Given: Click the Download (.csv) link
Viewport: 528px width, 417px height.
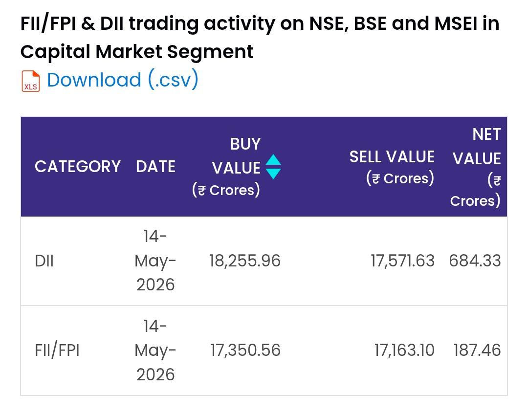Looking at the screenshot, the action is coord(123,80).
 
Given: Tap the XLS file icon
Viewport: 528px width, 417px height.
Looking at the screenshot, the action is coord(31,81).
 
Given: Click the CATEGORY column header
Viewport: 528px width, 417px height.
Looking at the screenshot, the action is coord(78,166).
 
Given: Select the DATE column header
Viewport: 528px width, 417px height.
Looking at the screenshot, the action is coord(155,166).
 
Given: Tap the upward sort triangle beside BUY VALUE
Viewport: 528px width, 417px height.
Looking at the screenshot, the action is coord(273,160).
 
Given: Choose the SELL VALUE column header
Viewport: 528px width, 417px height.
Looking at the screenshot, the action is coord(392,167).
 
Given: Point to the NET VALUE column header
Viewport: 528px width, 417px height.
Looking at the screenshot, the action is coord(476,167).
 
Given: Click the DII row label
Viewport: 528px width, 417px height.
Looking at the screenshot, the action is coord(44,261).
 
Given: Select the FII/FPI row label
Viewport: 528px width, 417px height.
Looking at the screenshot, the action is coord(57,351).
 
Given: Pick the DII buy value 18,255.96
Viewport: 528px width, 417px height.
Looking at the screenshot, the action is coord(245,261).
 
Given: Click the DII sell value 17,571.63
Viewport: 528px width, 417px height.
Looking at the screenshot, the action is coord(403,261).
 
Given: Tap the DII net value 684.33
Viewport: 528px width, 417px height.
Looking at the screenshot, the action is coord(475,261).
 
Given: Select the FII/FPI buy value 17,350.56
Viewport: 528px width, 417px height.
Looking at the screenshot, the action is coord(245,351).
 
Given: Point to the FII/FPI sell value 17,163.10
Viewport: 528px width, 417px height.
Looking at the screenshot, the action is coord(404,351).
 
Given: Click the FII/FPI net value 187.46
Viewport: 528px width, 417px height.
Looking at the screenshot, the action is coord(477,351).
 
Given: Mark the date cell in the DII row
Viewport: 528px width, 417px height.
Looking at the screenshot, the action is coord(155,261).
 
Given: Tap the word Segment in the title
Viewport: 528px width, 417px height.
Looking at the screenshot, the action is coord(210,52).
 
